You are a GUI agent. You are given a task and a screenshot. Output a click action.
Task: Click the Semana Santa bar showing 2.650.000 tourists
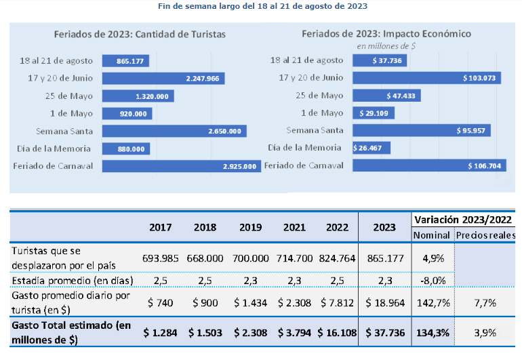pyautogui.click(x=174, y=131)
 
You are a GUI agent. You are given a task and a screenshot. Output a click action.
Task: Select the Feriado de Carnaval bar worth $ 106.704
pyautogui.click(x=427, y=165)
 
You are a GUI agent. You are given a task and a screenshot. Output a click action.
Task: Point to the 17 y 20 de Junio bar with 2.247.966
pyautogui.click(x=163, y=79)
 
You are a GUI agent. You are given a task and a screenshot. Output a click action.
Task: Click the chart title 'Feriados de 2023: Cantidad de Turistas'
pyautogui.click(x=140, y=33)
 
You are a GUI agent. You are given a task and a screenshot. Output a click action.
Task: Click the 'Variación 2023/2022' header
pyautogui.click(x=464, y=220)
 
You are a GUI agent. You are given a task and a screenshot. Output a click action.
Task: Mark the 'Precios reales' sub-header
pyautogui.click(x=485, y=235)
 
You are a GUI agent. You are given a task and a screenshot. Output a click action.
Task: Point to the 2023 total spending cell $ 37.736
pyautogui.click(x=384, y=332)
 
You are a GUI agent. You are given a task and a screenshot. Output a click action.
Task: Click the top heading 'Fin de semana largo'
pyautogui.click(x=260, y=6)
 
